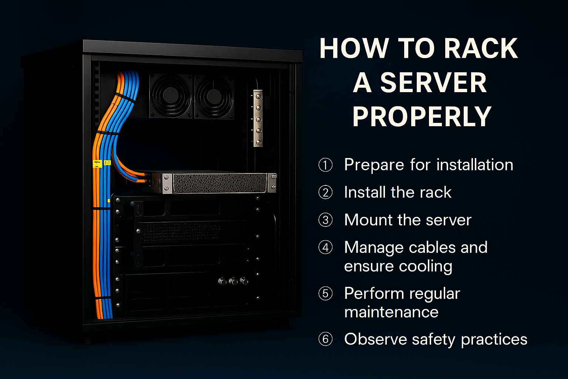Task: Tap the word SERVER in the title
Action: (433, 83)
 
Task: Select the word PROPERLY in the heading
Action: (422, 117)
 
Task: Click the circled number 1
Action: (325, 165)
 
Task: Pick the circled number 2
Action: (325, 192)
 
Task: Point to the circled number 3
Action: (325, 220)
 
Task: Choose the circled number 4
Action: (325, 247)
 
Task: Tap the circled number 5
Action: (325, 294)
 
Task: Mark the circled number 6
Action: (325, 339)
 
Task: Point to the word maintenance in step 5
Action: (391, 312)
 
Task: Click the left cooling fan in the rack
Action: (171, 95)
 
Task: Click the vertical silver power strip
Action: (258, 118)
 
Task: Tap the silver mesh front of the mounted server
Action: (220, 183)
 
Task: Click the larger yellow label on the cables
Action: (97, 164)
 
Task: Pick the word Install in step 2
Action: (365, 192)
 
